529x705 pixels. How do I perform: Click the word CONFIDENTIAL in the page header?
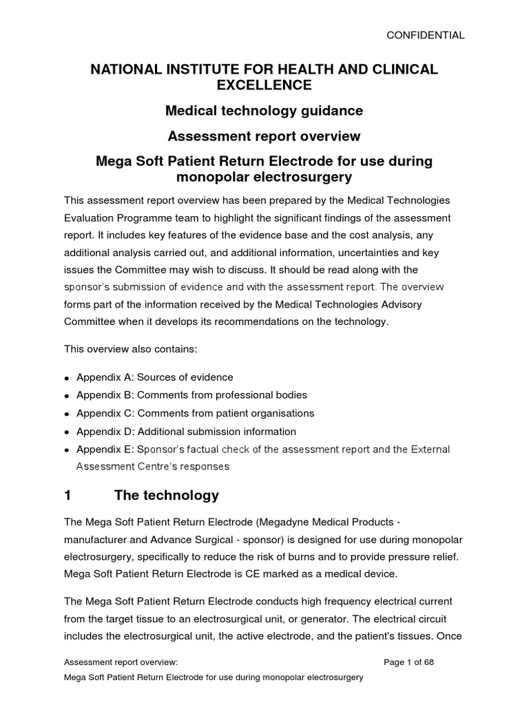[425, 34]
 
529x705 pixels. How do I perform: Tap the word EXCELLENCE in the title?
[264, 85]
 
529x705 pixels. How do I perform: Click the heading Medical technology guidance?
[264, 110]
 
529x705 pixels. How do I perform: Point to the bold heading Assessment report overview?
[264, 136]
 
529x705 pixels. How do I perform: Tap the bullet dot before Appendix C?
[66, 414]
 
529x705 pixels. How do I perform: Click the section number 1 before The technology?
[68, 495]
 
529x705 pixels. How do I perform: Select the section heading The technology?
[167, 495]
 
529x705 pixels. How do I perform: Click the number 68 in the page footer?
[427, 662]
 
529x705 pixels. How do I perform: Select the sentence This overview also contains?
[131, 349]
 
